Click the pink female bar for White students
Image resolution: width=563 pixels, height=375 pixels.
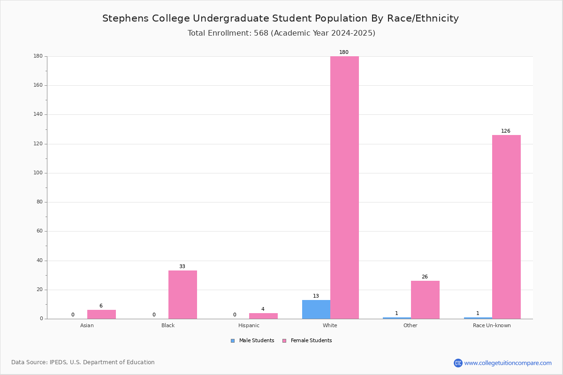coord(344,187)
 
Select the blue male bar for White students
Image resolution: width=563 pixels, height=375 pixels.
coord(316,309)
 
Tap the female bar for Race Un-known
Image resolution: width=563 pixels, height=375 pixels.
coord(506,227)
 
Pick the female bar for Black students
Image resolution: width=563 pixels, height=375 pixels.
coord(183,295)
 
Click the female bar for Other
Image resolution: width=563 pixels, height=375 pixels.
coord(425,300)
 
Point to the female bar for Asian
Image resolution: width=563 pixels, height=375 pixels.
coord(101,314)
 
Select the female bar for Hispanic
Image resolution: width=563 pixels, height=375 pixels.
coord(263,316)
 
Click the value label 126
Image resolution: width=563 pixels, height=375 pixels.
coord(506,131)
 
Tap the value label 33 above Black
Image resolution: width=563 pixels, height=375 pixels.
coord(182,266)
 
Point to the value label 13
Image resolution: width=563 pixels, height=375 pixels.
coord(316,296)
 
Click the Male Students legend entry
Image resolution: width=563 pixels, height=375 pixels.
coord(252,340)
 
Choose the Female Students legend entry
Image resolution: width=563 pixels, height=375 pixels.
coord(307,340)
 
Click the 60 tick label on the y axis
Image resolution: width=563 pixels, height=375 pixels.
coord(40,231)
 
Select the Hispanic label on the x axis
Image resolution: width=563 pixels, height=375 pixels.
coord(249,325)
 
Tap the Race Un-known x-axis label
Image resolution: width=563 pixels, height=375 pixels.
coord(492,325)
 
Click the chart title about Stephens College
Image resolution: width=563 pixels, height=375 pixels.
coord(281,18)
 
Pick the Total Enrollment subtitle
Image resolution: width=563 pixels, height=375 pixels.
coord(281,33)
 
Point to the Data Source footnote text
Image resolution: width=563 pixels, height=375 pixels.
coord(83,362)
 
